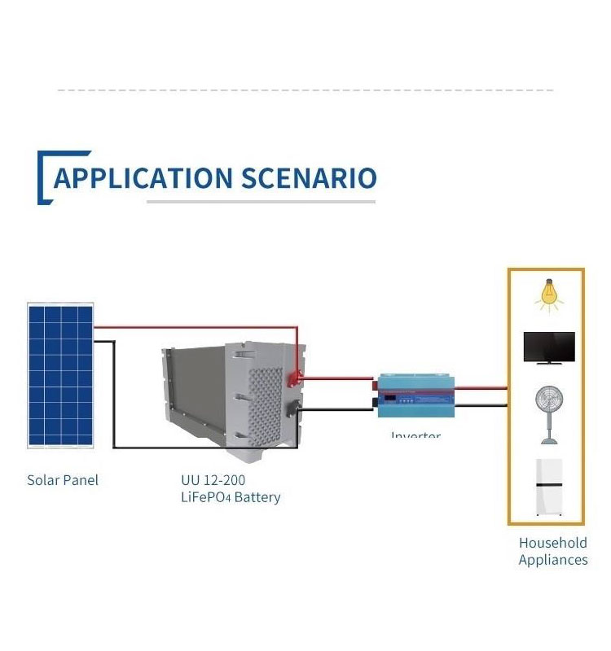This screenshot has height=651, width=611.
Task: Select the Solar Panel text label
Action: (x=63, y=480)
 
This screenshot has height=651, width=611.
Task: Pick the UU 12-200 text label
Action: (x=213, y=480)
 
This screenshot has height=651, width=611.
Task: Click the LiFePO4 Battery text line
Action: (x=231, y=497)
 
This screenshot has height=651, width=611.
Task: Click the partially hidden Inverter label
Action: (x=415, y=435)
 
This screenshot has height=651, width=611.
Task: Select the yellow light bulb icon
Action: (x=549, y=296)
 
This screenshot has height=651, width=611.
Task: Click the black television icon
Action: (x=548, y=348)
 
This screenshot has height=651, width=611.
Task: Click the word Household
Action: (x=552, y=543)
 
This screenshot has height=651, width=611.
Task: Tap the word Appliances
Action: (x=552, y=560)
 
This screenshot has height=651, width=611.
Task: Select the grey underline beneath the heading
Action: (x=261, y=201)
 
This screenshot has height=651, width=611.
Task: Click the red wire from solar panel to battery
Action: (x=196, y=327)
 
